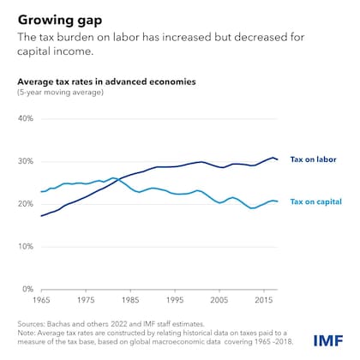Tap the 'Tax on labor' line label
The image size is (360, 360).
(x=313, y=159)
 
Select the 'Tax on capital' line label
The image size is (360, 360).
(x=315, y=201)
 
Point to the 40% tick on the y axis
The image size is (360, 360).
(x=28, y=119)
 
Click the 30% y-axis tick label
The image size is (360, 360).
(x=28, y=162)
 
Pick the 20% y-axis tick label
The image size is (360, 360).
(x=28, y=204)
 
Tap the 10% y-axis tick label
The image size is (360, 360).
(x=28, y=247)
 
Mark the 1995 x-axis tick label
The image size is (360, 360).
(x=176, y=301)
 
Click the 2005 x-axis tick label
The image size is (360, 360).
(x=220, y=301)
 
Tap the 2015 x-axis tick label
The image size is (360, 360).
(x=264, y=301)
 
